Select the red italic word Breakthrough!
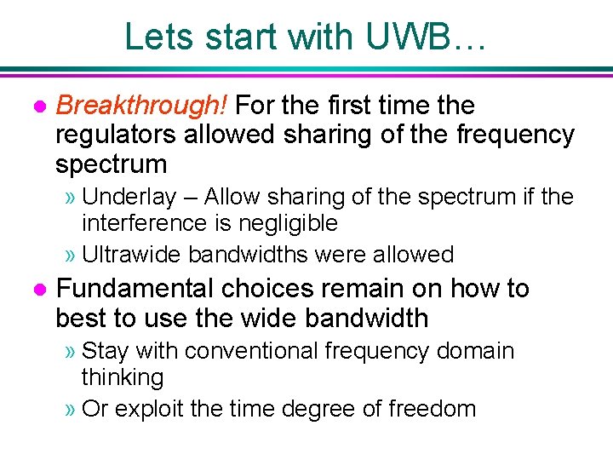point(141,106)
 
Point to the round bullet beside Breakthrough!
point(37,106)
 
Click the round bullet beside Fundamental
point(37,290)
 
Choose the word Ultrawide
point(132,254)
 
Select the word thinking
point(122,377)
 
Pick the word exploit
point(150,409)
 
